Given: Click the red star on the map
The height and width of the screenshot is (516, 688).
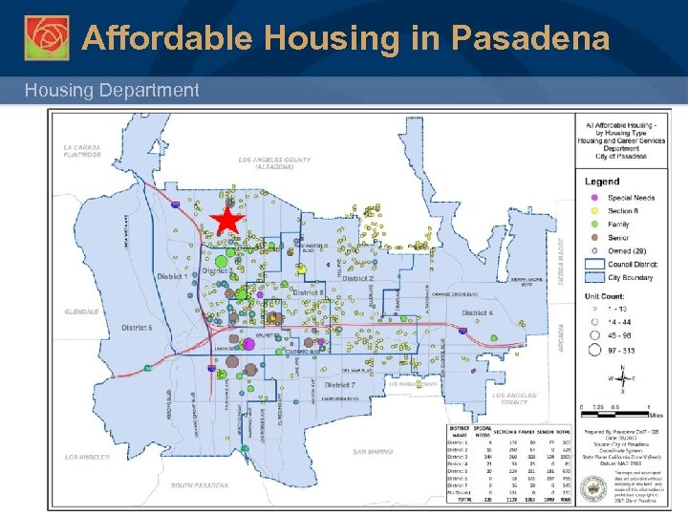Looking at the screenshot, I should click(x=226, y=221).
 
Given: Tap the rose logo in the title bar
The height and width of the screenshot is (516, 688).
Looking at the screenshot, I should click(x=47, y=37).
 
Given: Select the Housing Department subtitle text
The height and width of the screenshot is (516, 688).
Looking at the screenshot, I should click(x=112, y=91).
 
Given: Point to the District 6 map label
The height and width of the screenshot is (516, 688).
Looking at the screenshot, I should click(x=137, y=327).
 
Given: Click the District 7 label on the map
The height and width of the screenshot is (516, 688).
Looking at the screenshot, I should click(x=339, y=385).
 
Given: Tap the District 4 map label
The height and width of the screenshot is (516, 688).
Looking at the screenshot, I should click(x=478, y=313).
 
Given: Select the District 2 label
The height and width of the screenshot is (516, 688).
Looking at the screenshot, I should click(x=357, y=279).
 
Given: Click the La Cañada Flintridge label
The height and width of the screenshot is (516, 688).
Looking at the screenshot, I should click(x=82, y=151).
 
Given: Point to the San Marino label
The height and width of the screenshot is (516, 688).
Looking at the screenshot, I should click(x=373, y=451).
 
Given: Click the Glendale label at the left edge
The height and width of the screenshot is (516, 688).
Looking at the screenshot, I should click(x=82, y=312).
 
